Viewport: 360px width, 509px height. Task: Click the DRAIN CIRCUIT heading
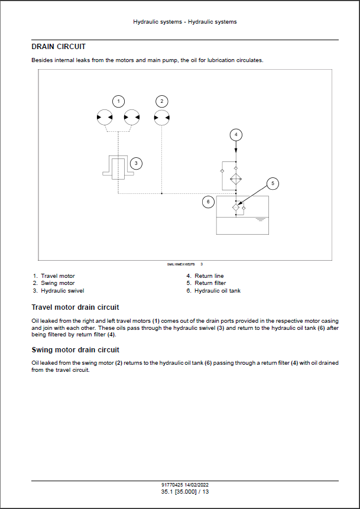pyautogui.click(x=59, y=46)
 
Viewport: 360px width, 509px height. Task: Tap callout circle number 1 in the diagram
pyautogui.click(x=118, y=101)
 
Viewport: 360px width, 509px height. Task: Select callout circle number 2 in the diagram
pyautogui.click(x=162, y=101)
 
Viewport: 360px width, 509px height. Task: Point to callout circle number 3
pyautogui.click(x=136, y=163)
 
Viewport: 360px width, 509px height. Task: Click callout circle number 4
pyautogui.click(x=236, y=135)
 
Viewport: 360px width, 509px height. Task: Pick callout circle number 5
pyautogui.click(x=273, y=183)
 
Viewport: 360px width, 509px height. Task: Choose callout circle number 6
pyautogui.click(x=207, y=202)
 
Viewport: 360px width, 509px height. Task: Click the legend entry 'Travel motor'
pyautogui.click(x=57, y=276)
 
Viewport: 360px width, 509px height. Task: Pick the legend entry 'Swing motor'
pyautogui.click(x=57, y=283)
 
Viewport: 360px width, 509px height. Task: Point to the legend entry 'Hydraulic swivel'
pyautogui.click(x=62, y=290)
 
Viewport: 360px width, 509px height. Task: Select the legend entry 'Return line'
pyautogui.click(x=209, y=276)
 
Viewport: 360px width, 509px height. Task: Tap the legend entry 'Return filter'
pyautogui.click(x=209, y=283)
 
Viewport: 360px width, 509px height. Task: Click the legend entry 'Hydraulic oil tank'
pyautogui.click(x=217, y=290)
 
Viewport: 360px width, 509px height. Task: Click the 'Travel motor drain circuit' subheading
pyautogui.click(x=75, y=307)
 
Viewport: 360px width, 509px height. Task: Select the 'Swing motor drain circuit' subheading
pyautogui.click(x=75, y=350)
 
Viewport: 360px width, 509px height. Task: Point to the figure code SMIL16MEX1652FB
pyautogui.click(x=181, y=264)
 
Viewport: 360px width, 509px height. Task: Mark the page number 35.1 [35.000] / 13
pyautogui.click(x=180, y=491)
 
